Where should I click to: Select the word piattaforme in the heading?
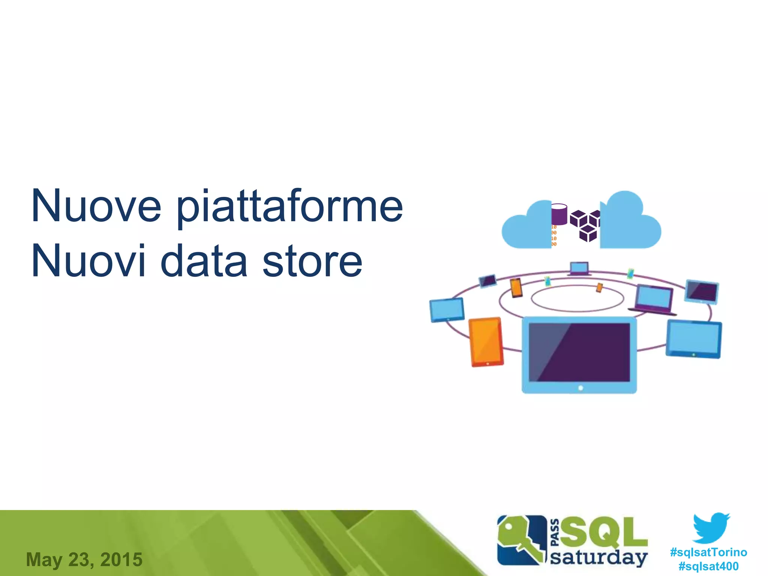coord(289,207)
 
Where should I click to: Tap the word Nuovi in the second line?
coord(88,261)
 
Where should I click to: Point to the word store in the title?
coord(312,261)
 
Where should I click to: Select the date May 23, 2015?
coord(84,559)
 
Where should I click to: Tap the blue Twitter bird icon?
coord(711,528)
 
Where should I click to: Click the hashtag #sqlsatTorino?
coord(708,552)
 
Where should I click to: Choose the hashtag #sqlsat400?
coord(708,566)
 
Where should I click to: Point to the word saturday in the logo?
coord(598,558)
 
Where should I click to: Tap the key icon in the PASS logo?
coord(519,540)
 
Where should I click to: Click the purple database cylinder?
coord(559,214)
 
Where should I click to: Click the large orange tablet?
coord(486,342)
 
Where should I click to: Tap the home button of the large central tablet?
coord(580,388)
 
